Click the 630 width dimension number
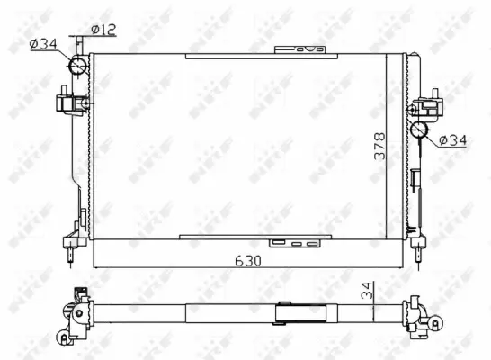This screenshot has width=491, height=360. [248, 261]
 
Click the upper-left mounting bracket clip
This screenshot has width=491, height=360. [67, 100]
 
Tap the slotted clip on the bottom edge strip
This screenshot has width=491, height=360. [298, 243]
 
